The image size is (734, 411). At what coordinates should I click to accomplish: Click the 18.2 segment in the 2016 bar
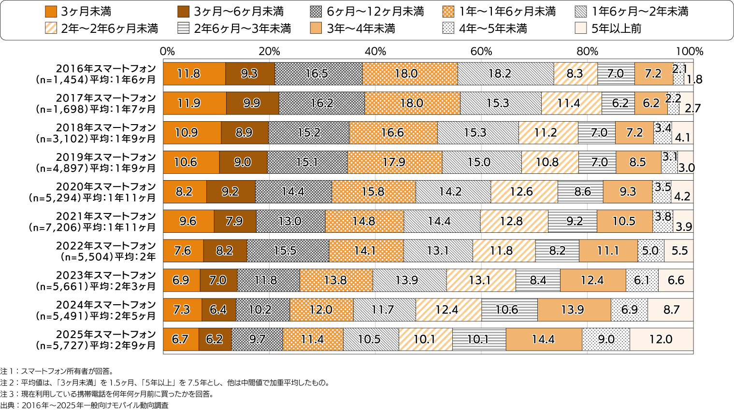(505, 74)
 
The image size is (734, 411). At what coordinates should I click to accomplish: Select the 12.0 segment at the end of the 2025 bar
(661, 340)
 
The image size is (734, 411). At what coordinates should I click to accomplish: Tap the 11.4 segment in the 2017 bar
(571, 103)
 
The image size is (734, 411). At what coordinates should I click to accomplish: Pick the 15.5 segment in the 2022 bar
(288, 251)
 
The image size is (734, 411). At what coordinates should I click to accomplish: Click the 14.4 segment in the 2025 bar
(543, 340)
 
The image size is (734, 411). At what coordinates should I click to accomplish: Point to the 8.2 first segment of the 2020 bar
(185, 192)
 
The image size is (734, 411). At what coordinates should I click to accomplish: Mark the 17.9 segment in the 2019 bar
(394, 162)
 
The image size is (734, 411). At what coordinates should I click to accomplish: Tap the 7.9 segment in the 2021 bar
(235, 221)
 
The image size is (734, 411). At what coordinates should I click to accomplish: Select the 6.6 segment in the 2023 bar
(676, 281)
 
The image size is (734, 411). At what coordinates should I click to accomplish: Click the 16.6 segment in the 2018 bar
(393, 133)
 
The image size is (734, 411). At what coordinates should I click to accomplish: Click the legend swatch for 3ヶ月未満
(51, 12)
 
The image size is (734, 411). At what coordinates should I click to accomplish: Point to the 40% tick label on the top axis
(375, 51)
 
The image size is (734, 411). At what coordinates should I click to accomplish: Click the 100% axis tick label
(690, 51)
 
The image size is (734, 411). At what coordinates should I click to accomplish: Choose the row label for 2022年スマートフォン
(106, 251)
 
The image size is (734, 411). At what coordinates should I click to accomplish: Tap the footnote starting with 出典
(85, 405)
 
